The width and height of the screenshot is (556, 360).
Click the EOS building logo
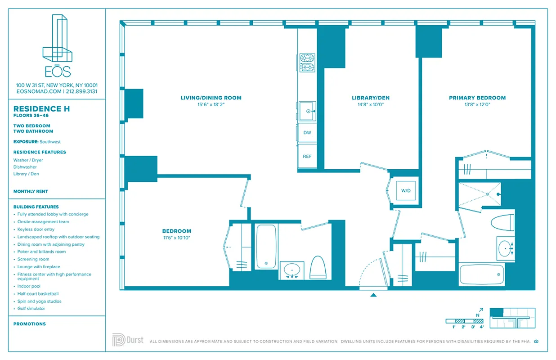pyautogui.click(x=57, y=45)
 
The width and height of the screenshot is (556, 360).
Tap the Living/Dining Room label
pyautogui.click(x=211, y=98)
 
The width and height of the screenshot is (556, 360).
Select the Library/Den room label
pyautogui.click(x=370, y=98)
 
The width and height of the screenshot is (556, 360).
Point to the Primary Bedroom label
pyautogui.click(x=477, y=98)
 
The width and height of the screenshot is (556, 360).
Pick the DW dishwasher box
pyautogui.click(x=307, y=133)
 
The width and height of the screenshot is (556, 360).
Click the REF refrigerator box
pyautogui.click(x=307, y=157)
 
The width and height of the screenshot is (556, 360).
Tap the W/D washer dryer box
pyautogui.click(x=406, y=191)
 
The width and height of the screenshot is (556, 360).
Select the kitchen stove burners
pyautogui.click(x=308, y=63)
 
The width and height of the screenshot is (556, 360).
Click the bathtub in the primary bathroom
pyautogui.click(x=482, y=274)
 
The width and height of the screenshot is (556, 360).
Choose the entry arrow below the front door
pyautogui.click(x=373, y=295)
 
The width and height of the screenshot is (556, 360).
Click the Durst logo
pyautogui.click(x=128, y=340)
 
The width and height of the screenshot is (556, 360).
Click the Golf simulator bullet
pyautogui.click(x=31, y=309)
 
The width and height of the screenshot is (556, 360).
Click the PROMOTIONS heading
pyautogui.click(x=30, y=324)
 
